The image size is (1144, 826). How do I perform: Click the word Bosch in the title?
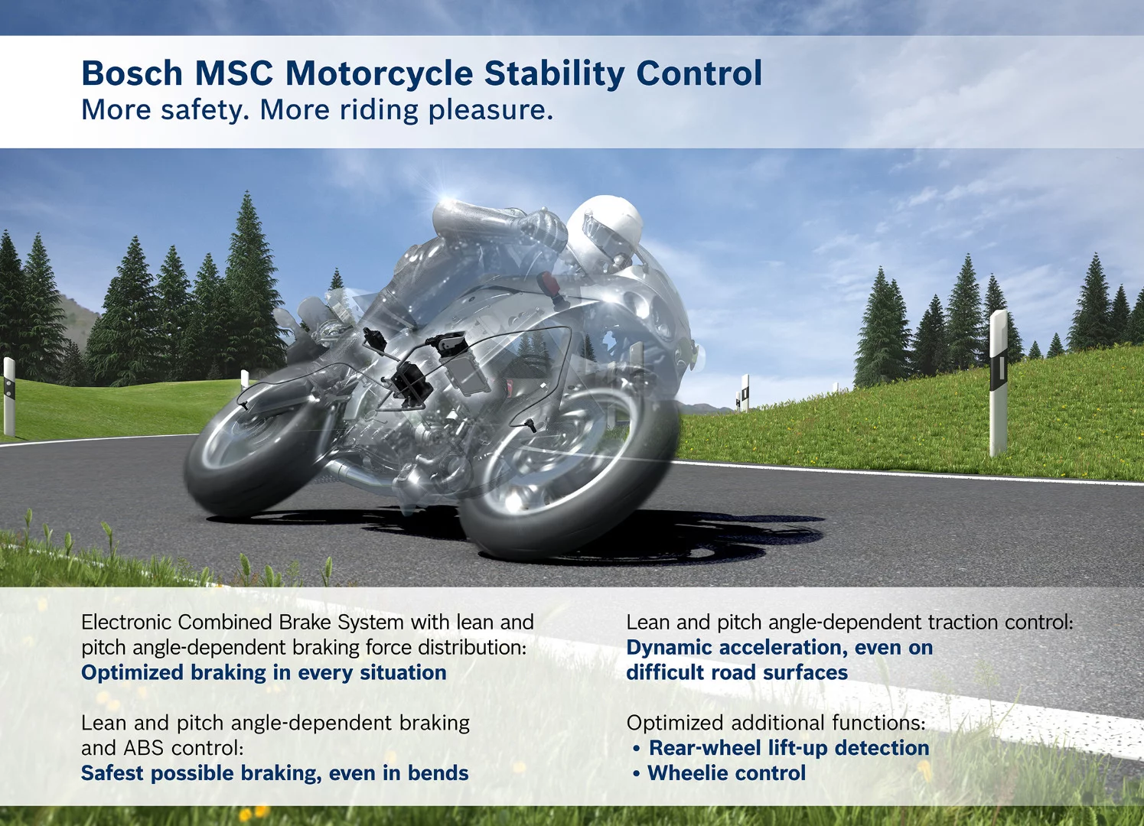[132, 74]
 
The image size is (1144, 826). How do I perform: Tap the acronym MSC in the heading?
[233, 74]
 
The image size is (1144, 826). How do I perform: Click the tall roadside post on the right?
[998, 382]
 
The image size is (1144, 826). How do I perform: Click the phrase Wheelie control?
[726, 773]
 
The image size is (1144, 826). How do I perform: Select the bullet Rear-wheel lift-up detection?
[788, 748]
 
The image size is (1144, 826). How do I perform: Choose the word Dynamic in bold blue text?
[669, 648]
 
